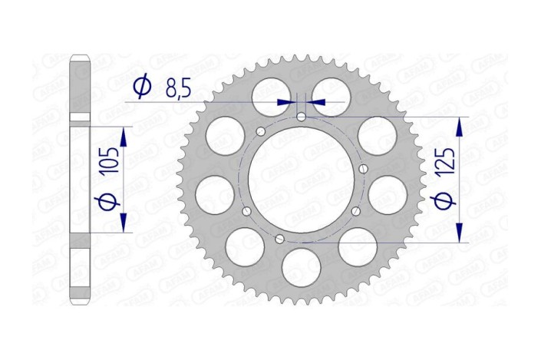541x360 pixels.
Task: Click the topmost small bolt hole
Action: [x=302, y=117]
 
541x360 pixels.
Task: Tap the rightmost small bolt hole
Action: [x=363, y=169]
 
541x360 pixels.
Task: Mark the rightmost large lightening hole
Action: [x=388, y=193]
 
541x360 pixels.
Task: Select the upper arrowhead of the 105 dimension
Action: [x=123, y=134]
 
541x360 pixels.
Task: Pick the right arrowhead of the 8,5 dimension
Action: [x=315, y=101]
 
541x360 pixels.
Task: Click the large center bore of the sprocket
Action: [x=301, y=179]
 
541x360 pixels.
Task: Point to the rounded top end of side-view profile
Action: [x=81, y=58]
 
